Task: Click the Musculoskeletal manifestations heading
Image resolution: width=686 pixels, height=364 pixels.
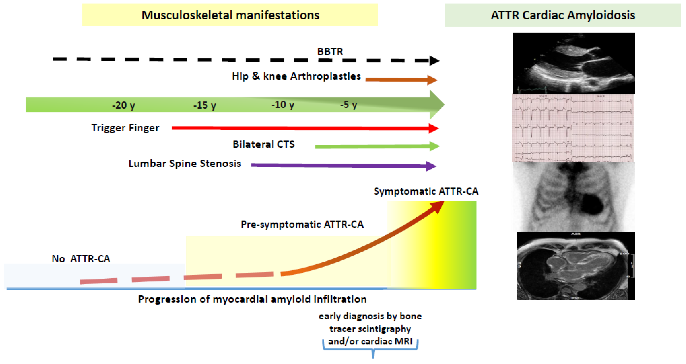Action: (230, 15)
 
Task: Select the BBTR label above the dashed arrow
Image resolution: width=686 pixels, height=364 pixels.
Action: (330, 51)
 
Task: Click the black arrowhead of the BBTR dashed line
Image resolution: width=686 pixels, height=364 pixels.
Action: (434, 61)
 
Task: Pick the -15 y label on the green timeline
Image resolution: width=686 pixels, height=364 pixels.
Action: (204, 105)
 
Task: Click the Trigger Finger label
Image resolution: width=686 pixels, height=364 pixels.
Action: (125, 128)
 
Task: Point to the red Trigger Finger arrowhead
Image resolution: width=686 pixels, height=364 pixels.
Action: (433, 128)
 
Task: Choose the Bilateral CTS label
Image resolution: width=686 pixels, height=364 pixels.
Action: (263, 144)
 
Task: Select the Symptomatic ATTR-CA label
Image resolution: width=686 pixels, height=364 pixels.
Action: (426, 191)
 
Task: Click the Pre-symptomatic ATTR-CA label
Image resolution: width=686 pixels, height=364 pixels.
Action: (302, 224)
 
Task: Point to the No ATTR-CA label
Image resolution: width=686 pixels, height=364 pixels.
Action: (81, 259)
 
